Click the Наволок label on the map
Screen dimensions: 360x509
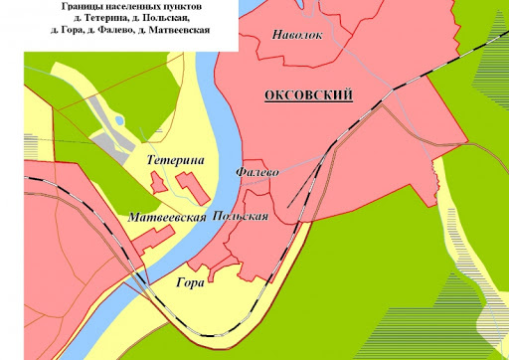tap(295, 36)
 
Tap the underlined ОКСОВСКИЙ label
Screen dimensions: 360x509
tap(310, 95)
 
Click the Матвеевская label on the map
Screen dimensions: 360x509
tap(167, 216)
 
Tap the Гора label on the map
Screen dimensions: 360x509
tap(189, 282)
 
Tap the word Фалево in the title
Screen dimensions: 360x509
tap(110, 31)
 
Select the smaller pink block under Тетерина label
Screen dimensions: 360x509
tap(157, 182)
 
